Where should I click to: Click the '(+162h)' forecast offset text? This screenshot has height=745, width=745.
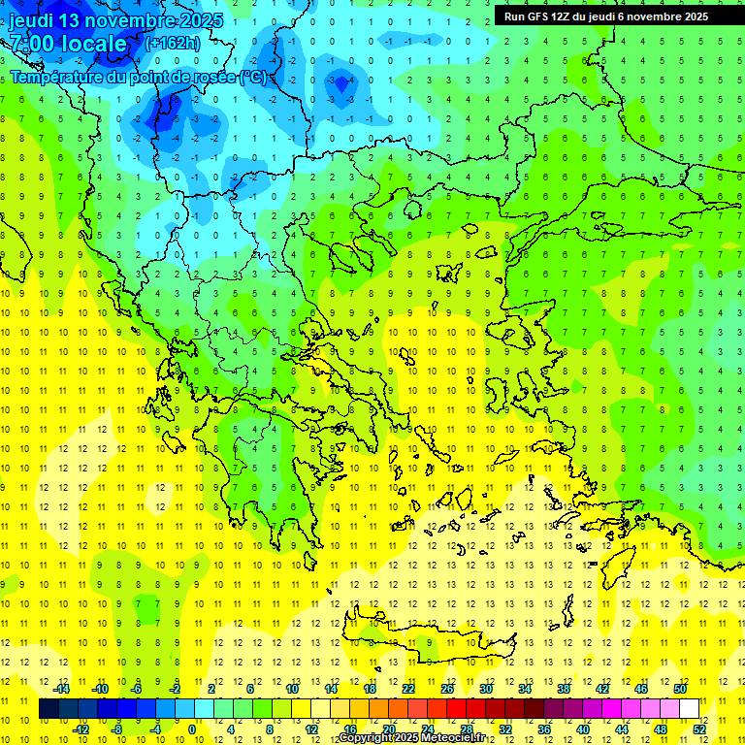click(x=172, y=43)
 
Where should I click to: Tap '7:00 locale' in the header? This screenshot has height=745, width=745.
click(x=68, y=44)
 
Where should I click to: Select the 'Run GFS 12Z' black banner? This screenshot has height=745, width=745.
click(x=605, y=16)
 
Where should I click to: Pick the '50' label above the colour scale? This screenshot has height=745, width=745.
click(x=680, y=689)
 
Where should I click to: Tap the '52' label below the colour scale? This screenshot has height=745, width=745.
click(x=699, y=729)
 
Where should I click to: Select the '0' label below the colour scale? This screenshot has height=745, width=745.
click(x=193, y=729)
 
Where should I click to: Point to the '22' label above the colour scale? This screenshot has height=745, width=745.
click(x=408, y=689)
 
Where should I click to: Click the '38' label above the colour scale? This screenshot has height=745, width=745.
click(x=564, y=689)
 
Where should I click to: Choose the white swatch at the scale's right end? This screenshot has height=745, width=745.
click(x=689, y=709)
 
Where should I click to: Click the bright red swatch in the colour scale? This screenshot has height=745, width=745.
click(x=456, y=709)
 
